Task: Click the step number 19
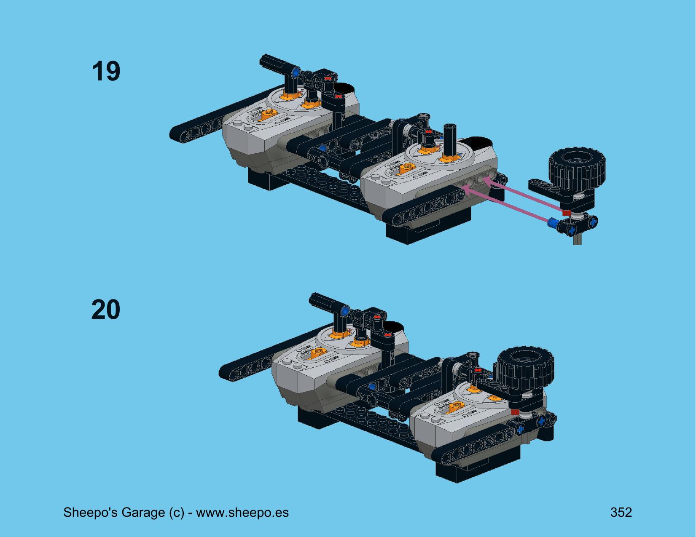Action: [106, 71]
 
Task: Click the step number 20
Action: [106, 310]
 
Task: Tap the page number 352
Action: [621, 512]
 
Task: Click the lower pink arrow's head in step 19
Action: [466, 191]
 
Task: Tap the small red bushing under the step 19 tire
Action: [566, 213]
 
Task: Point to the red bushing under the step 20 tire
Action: [515, 412]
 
